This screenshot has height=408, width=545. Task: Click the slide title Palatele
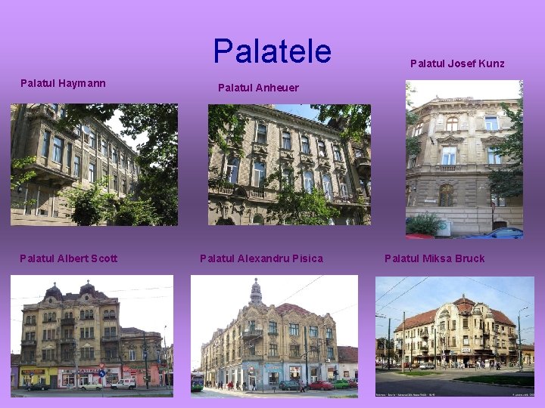[272, 51]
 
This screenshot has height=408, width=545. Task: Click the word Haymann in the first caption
[80, 83]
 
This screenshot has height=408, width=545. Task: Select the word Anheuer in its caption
[276, 88]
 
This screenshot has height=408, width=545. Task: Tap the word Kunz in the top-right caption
[490, 63]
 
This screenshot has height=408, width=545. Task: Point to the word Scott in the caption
[102, 258]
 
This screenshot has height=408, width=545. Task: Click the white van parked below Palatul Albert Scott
[123, 384]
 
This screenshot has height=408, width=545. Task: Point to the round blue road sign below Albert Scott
[102, 372]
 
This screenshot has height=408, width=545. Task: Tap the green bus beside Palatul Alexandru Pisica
[197, 382]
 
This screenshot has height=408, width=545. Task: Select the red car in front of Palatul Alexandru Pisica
[322, 385]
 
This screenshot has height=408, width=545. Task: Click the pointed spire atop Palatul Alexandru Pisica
[256, 288]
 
